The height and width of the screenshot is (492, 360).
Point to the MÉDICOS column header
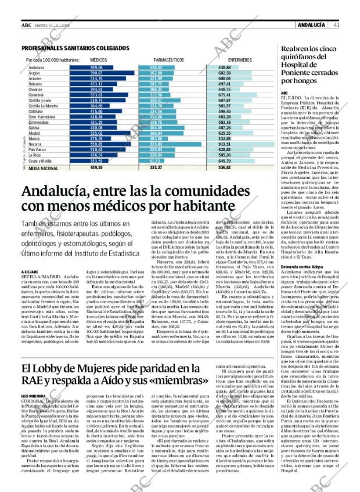click(x=99, y=60)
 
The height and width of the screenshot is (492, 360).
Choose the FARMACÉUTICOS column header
click(x=169, y=60)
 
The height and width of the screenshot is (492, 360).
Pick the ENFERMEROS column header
click(x=240, y=60)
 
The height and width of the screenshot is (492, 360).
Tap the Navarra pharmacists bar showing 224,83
click(x=168, y=145)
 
